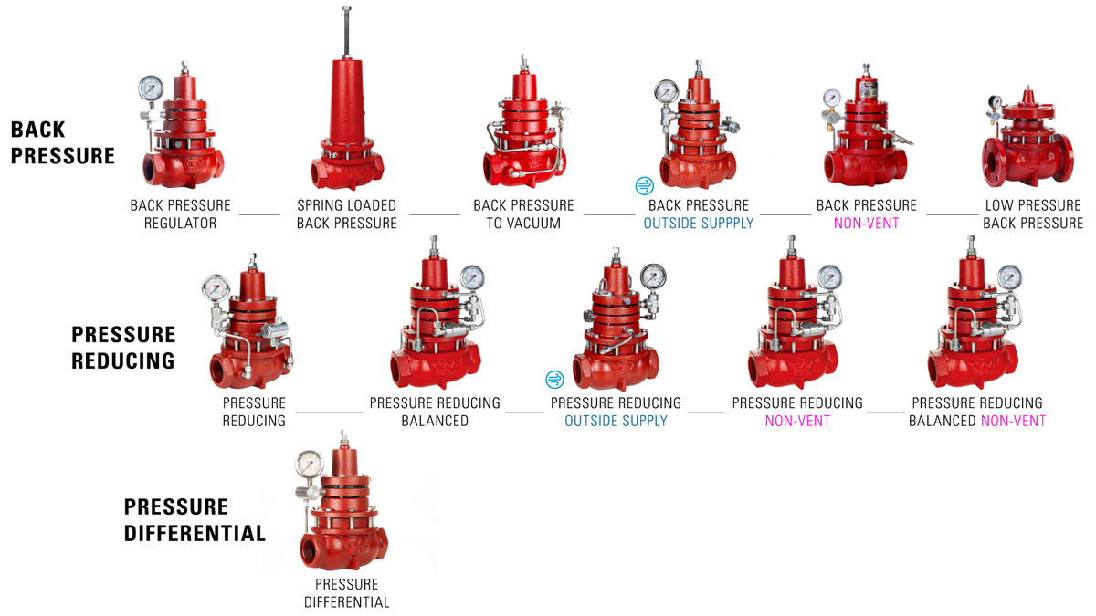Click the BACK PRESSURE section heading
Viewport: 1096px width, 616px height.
[63, 142]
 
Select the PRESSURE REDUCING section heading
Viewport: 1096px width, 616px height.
[122, 347]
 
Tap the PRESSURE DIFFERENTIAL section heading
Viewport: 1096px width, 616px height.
[195, 520]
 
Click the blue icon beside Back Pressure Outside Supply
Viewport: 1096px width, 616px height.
[644, 186]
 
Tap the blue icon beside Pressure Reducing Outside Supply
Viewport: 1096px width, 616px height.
[553, 379]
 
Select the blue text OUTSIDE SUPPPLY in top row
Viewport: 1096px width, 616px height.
[699, 224]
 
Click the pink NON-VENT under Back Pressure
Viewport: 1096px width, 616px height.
[866, 224]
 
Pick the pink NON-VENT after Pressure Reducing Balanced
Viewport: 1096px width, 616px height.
[1013, 421]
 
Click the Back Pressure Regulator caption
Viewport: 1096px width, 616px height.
[180, 214]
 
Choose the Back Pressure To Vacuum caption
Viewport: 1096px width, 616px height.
[523, 214]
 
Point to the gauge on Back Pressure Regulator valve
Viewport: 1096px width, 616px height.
[150, 89]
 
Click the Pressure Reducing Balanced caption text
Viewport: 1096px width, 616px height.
[435, 412]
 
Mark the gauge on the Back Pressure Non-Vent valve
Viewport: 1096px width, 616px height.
[832, 99]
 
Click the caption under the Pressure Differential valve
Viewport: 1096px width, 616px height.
[346, 593]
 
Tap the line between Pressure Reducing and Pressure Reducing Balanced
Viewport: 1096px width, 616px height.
[330, 412]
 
